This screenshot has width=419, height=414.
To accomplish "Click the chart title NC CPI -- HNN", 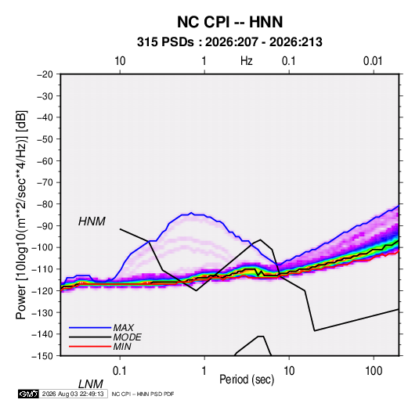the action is tap(229, 22).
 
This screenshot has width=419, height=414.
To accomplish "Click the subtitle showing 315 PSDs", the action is tap(229, 42).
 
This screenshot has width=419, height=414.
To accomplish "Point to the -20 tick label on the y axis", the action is tap(45, 74).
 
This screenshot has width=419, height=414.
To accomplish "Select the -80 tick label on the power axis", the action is tap(45, 204).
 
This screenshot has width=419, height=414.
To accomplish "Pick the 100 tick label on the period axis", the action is tap(374, 371).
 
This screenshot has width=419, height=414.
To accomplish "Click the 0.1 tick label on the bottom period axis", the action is tap(120, 371).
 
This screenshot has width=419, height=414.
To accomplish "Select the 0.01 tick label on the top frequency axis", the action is tap(373, 61).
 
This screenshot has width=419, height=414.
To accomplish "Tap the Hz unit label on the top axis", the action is tap(247, 61).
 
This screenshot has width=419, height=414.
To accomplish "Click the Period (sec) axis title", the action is tap(247, 380).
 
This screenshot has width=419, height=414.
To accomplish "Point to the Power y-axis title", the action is tap(21, 215).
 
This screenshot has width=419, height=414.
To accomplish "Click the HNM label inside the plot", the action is tap(92, 221).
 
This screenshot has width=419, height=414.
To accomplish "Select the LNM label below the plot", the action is tap(91, 384).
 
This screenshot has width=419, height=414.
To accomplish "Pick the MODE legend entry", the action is tap(105, 337).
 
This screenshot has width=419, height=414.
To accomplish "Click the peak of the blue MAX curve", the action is tap(191, 213).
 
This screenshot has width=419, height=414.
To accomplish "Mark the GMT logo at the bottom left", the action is tap(28, 394).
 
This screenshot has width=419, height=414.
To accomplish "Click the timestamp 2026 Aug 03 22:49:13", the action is tap(73, 394).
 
